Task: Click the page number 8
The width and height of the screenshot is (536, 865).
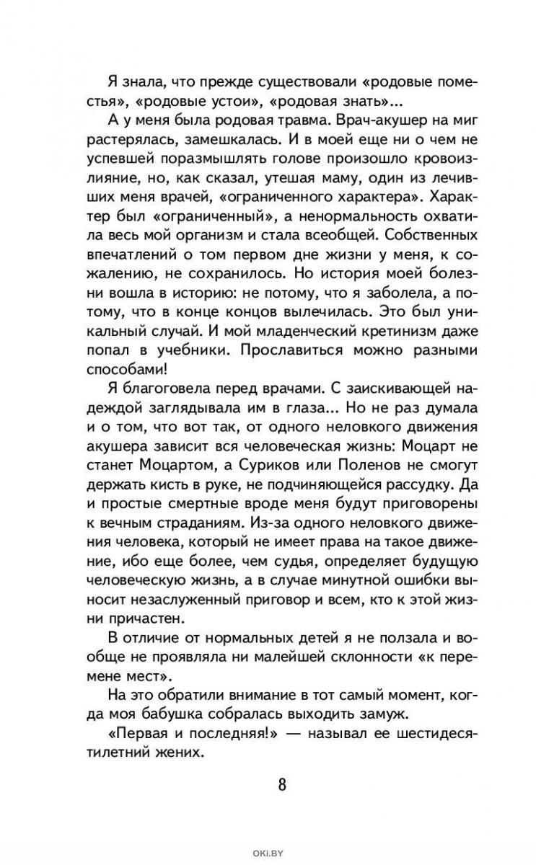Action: pyautogui.click(x=282, y=784)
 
